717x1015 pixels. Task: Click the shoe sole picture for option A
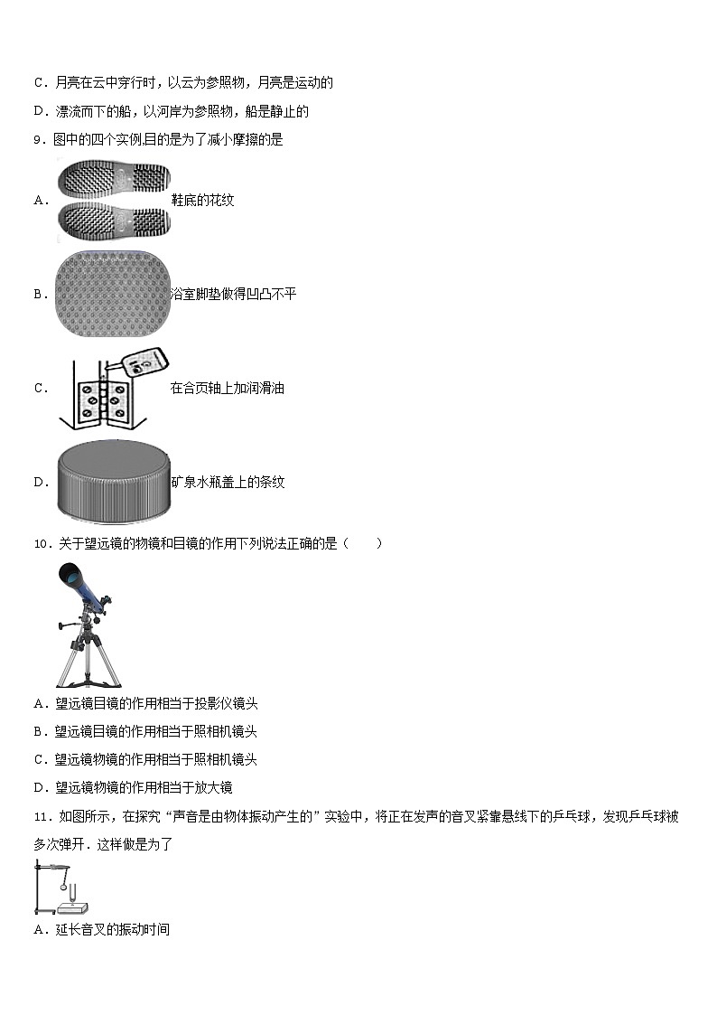114,200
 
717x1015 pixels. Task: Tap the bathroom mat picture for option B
113,294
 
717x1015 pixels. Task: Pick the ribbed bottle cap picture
114,483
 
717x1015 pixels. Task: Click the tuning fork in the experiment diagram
72,893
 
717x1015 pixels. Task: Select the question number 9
38,139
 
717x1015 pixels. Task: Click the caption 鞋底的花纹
202,200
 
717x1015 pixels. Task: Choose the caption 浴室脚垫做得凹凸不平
233,294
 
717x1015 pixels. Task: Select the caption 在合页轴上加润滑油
227,388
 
